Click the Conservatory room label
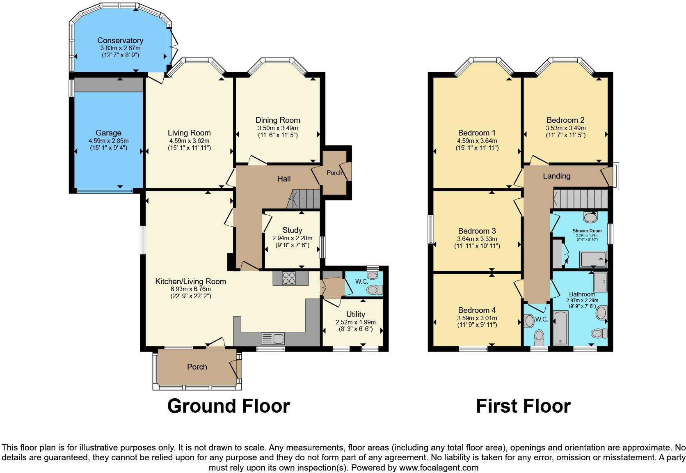120,40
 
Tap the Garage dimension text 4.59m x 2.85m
108,140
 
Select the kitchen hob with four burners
288,278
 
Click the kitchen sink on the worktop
273,339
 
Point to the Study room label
292,230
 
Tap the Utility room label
355,314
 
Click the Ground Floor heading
229,406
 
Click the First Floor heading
523,406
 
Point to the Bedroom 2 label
565,120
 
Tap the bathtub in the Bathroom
560,327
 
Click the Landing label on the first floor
556,176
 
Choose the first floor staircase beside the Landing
580,199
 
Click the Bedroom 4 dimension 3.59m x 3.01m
477,318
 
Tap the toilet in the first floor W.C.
539,337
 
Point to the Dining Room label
278,120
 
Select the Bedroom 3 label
477,231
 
